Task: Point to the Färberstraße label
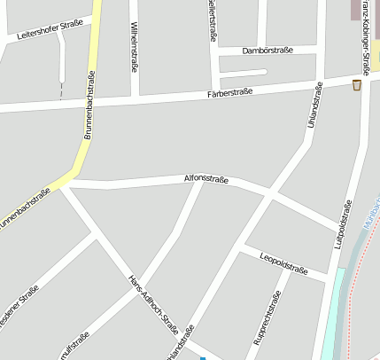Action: pyautogui.click(x=229, y=92)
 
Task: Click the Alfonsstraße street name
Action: pyautogui.click(x=206, y=179)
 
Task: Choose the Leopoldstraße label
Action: pyautogui.click(x=283, y=262)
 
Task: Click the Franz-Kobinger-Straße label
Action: pyautogui.click(x=365, y=40)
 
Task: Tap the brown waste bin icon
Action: pyautogui.click(x=357, y=85)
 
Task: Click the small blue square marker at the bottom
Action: pyautogui.click(x=202, y=357)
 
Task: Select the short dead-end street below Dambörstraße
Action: pyautogui.click(x=249, y=72)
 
